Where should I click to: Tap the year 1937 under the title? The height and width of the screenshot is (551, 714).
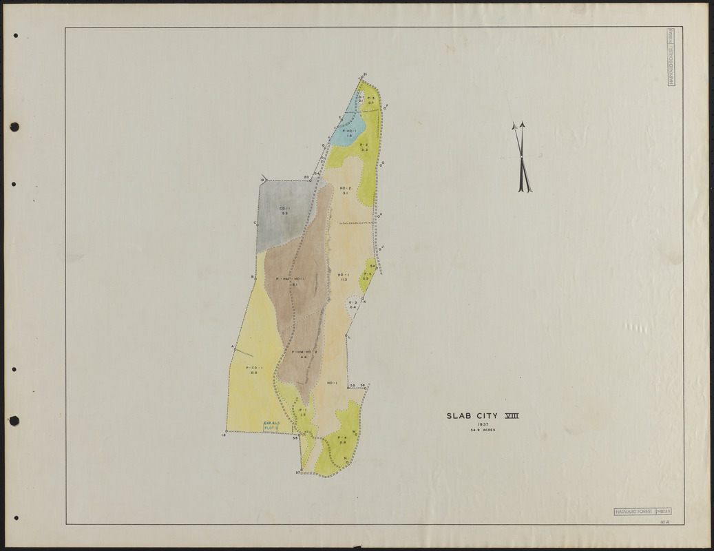(483, 424)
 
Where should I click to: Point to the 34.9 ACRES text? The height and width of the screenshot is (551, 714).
(483, 430)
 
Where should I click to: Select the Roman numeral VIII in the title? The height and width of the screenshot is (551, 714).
(512, 415)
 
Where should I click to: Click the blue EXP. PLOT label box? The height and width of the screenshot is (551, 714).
(271, 426)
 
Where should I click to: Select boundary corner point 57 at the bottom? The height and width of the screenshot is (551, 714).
(301, 471)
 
